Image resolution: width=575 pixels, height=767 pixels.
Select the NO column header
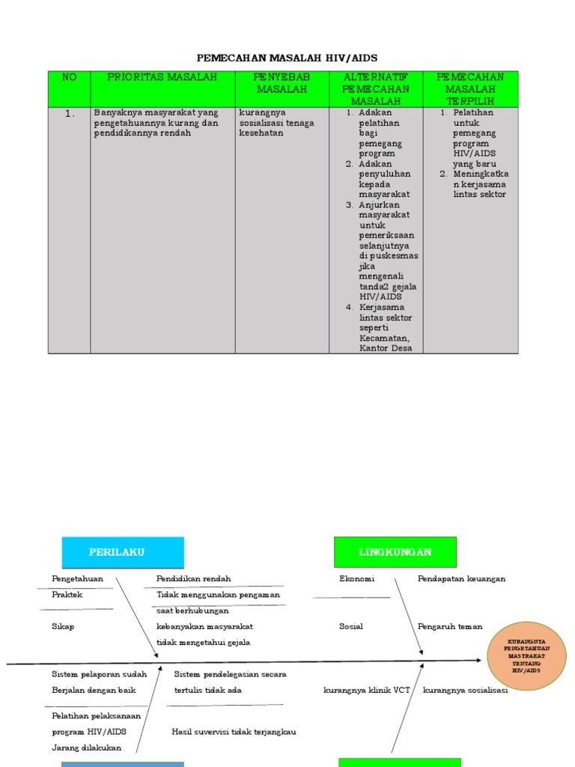click(69, 77)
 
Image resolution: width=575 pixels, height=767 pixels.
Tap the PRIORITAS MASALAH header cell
click(162, 77)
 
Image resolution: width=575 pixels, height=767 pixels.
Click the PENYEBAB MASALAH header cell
click(282, 83)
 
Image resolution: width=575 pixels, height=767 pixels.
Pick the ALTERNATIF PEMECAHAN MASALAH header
click(376, 88)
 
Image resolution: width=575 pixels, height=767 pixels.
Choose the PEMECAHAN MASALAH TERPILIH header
click(470, 88)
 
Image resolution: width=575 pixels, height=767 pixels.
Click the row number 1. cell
click(70, 114)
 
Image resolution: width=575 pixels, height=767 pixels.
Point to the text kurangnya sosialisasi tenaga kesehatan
click(276, 123)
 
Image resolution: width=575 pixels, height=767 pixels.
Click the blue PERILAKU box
click(122, 552)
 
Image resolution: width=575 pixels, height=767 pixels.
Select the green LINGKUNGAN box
click(395, 552)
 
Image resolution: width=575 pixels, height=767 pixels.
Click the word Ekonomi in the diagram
click(356, 579)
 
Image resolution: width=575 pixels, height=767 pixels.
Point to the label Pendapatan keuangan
click(461, 579)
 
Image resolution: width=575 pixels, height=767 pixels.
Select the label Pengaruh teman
click(449, 626)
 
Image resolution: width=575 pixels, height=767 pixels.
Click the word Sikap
click(63, 626)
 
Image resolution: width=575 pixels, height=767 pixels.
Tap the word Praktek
click(67, 595)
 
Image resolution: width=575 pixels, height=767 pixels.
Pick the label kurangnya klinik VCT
click(366, 690)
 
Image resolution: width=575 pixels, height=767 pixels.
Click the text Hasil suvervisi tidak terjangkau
click(234, 732)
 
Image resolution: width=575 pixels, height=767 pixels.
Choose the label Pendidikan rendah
click(193, 579)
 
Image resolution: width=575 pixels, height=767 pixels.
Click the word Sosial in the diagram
click(350, 626)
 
